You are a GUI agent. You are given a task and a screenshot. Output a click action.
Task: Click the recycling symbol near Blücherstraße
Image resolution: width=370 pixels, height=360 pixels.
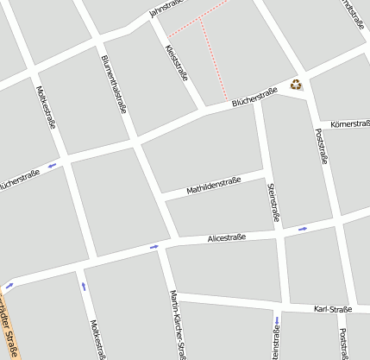[x=297, y=84]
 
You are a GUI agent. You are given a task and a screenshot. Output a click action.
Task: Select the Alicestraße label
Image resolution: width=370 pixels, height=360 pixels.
[x=226, y=237]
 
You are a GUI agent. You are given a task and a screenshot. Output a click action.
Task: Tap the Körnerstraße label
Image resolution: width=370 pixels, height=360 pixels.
[x=349, y=124]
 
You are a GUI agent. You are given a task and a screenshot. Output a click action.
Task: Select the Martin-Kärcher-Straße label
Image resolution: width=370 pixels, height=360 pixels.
[x=178, y=324]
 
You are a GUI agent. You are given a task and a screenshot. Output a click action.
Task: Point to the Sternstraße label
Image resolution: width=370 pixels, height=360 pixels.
[x=273, y=202]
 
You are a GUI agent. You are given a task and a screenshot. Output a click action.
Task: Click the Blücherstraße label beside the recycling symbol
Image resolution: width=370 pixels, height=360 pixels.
[x=254, y=97]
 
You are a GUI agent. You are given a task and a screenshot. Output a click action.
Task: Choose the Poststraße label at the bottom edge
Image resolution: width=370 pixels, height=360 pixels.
[x=344, y=342]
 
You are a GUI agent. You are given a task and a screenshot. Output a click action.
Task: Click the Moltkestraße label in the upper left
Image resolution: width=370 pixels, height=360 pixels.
[x=47, y=105]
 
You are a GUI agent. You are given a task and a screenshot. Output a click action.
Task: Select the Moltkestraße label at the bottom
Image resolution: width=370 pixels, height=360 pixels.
[x=98, y=338]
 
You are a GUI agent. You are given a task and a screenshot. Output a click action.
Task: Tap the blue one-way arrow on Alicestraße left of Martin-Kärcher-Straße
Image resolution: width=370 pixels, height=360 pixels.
[x=154, y=247]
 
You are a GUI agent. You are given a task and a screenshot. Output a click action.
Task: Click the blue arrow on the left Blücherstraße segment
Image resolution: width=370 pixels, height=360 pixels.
[x=52, y=164]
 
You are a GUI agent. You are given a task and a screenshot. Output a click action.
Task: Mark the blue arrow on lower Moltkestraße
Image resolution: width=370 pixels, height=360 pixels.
[x=85, y=287]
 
